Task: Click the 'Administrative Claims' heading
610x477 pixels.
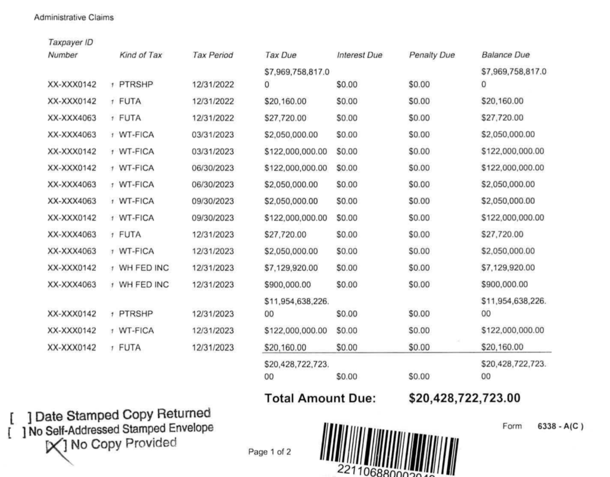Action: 74,18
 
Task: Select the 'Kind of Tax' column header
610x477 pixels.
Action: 141,55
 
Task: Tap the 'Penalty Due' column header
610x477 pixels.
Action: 431,55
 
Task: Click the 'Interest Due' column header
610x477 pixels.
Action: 359,55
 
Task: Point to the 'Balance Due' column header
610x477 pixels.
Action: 505,55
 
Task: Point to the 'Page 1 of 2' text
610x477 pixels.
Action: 269,451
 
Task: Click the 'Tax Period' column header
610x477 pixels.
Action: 213,55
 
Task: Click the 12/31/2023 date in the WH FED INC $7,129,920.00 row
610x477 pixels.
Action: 213,267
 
